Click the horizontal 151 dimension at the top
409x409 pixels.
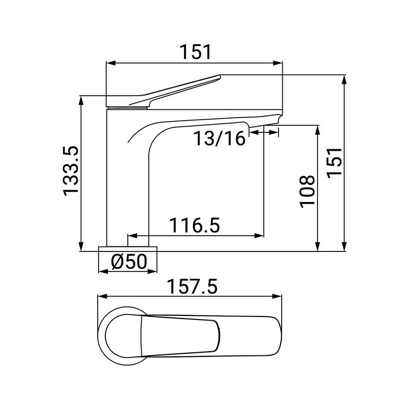coord(195,52)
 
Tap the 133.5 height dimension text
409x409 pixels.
coord(71,170)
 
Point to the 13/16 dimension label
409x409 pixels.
coord(219,138)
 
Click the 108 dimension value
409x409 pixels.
coord(307,191)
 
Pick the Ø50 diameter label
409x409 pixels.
coord(129,262)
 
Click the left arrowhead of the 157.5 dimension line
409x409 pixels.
coord(101,296)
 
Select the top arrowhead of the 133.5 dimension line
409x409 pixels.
coord(81,100)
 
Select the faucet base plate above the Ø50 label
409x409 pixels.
coord(129,248)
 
